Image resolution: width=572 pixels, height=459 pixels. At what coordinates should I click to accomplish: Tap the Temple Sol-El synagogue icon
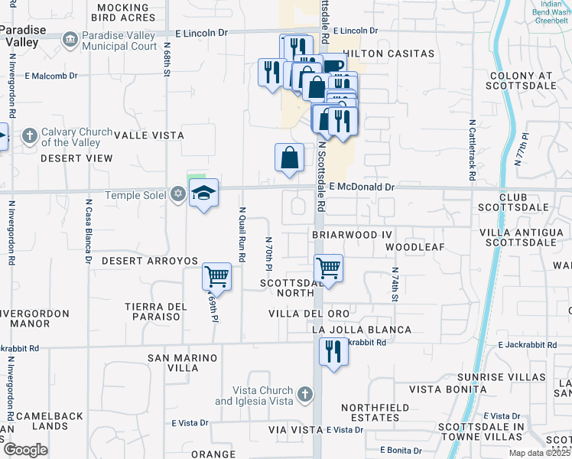[177, 195]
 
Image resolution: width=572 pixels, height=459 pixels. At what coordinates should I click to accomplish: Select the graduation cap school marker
[204, 194]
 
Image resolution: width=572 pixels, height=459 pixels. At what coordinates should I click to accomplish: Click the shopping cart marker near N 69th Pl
[217, 278]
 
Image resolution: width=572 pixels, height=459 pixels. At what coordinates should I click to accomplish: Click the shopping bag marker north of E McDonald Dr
[290, 158]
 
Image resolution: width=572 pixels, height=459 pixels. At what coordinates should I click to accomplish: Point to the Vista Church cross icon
[304, 395]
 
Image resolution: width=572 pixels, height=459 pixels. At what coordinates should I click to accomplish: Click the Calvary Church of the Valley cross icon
[30, 137]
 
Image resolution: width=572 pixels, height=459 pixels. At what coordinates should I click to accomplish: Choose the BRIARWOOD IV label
[352, 233]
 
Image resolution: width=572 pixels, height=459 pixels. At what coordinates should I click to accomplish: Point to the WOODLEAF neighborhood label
[414, 248]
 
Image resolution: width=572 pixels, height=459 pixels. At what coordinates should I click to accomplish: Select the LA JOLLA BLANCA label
[362, 330]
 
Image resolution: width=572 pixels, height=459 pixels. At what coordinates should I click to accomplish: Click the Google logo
[25, 449]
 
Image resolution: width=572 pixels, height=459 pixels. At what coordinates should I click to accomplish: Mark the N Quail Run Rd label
[242, 235]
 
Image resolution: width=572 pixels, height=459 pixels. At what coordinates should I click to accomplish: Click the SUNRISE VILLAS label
[502, 377]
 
